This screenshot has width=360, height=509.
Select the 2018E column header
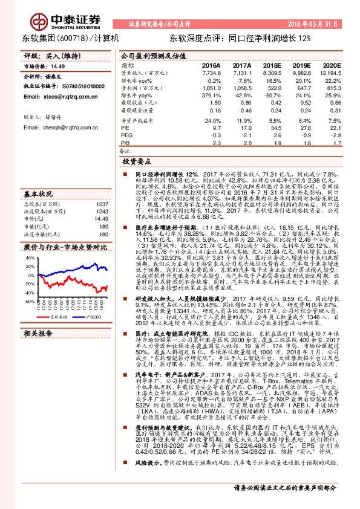pyautogui.click(x=271, y=65)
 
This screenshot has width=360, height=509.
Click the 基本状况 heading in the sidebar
pyautogui.click(x=38, y=195)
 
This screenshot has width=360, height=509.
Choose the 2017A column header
pyautogui.click(x=241, y=65)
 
